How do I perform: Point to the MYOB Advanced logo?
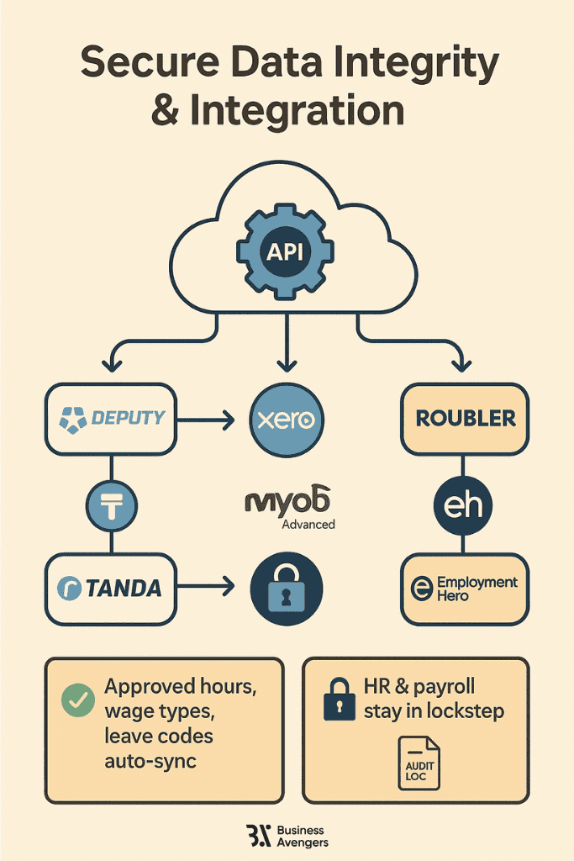pyautogui.click(x=289, y=508)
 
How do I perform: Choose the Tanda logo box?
pyautogui.click(x=112, y=589)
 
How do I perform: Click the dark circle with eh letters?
pyautogui.click(x=463, y=505)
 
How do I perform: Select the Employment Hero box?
pyautogui.click(x=464, y=589)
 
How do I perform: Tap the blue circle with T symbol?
pyautogui.click(x=112, y=506)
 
